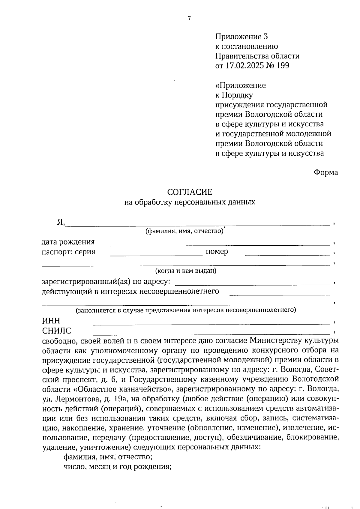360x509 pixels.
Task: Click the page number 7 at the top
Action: [x=189, y=19]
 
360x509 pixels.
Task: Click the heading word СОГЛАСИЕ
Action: [x=190, y=192]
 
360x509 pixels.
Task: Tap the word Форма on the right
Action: [x=325, y=172]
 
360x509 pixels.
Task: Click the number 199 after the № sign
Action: [x=283, y=66]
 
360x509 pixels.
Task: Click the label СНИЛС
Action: [x=57, y=331]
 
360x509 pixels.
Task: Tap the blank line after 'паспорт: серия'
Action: [x=156, y=255]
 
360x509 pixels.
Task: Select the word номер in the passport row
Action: [x=217, y=251]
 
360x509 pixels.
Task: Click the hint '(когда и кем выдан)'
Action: [x=186, y=271]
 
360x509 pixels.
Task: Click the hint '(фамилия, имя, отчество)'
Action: [x=184, y=231]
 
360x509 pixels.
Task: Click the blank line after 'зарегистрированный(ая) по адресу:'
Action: [x=252, y=284]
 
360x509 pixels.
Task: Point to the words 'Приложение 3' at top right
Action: [x=241, y=37]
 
